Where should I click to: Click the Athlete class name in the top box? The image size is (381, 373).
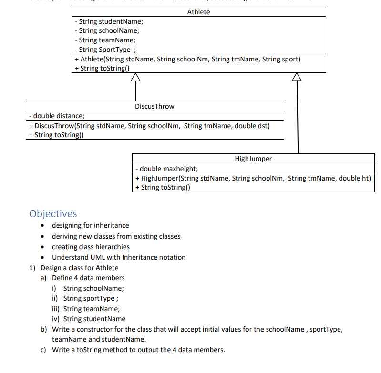click(x=198, y=12)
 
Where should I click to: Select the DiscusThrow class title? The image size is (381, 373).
click(x=154, y=106)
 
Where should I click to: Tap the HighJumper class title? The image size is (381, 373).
click(x=253, y=159)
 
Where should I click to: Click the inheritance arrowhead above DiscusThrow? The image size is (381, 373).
click(x=136, y=77)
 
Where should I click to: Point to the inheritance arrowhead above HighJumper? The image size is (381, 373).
click(x=298, y=77)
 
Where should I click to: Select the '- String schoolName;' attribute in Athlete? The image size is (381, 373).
click(x=107, y=31)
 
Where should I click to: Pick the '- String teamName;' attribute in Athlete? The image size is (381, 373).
click(x=105, y=40)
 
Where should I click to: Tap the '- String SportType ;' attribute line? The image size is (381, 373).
click(x=106, y=50)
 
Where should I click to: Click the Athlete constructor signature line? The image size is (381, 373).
click(x=187, y=59)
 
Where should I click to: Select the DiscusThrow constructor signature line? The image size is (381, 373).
click(x=149, y=126)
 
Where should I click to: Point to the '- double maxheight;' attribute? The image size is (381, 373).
click(x=166, y=169)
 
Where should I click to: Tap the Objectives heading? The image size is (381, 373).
click(x=53, y=213)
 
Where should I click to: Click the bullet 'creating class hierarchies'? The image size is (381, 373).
click(x=91, y=247)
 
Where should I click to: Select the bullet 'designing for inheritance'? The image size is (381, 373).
click(x=90, y=225)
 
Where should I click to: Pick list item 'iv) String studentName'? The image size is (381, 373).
click(x=89, y=319)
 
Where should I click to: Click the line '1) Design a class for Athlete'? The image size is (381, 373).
click(x=74, y=268)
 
